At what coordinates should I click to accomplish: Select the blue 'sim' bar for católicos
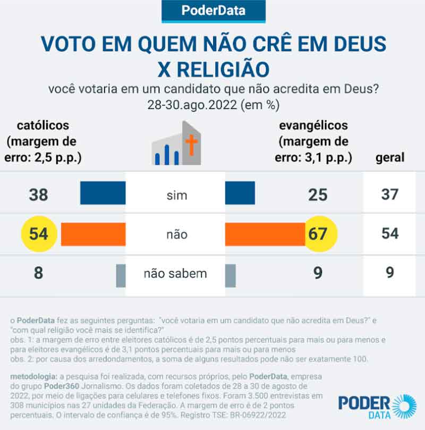tap(103, 193)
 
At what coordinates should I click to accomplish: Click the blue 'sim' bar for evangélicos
tap(240, 193)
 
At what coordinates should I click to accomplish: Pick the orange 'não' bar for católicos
tap(93, 234)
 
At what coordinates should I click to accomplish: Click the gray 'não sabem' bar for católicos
tap(121, 274)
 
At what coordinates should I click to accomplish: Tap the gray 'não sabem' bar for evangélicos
tap(230, 274)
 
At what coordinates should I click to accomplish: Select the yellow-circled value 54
tap(39, 234)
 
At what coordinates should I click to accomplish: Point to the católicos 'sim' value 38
tap(38, 195)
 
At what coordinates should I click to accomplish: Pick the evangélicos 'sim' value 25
tap(318, 195)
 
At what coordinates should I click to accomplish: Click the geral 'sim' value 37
tap(390, 195)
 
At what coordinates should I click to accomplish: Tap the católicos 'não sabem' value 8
tap(38, 274)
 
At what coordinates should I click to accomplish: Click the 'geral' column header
tap(390, 157)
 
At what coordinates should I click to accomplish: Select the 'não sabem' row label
tap(175, 274)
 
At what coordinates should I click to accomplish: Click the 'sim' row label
tap(176, 195)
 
